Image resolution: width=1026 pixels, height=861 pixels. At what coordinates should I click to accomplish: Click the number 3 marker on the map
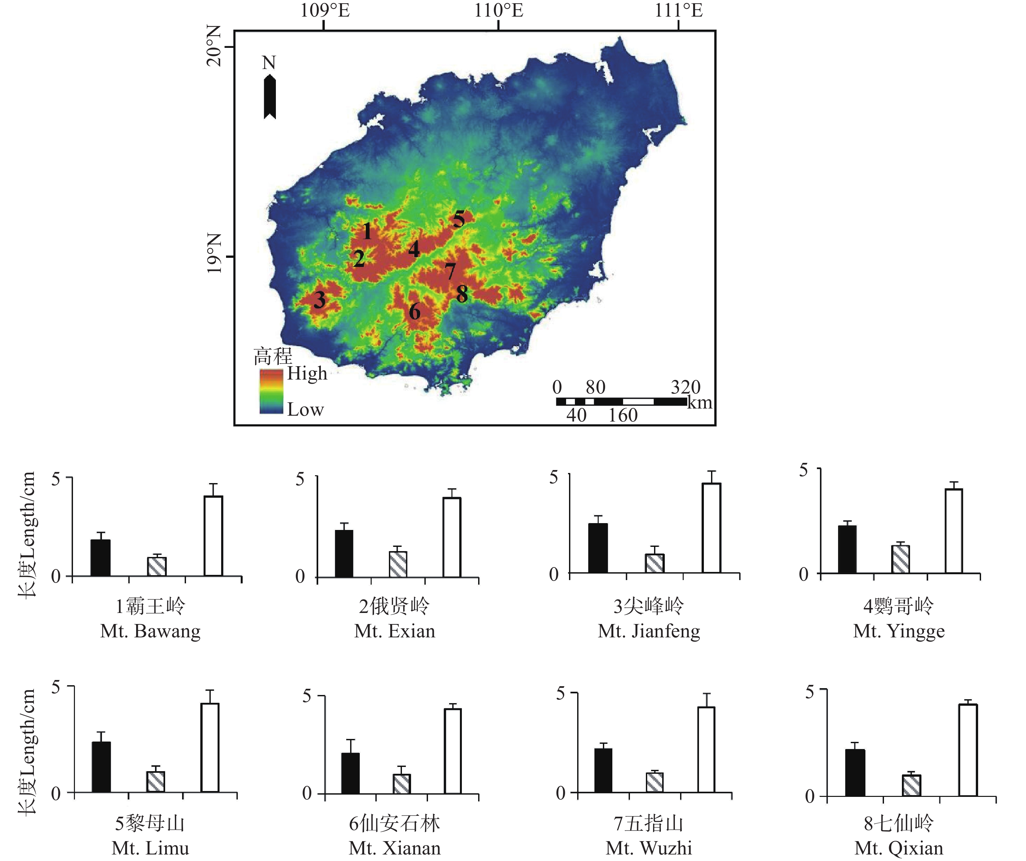pos(320,299)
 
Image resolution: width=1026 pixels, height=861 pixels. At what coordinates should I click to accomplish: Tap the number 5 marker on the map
pos(458,219)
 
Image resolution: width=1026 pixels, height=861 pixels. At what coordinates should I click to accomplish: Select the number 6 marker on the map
pos(414,312)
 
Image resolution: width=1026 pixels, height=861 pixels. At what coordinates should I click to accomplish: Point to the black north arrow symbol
pos(270,97)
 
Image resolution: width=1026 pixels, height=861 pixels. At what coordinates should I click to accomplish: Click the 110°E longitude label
pos(498,10)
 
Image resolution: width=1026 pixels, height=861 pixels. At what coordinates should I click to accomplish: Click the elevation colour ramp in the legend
pos(271,392)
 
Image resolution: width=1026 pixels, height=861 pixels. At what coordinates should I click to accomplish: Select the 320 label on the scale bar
pos(685,387)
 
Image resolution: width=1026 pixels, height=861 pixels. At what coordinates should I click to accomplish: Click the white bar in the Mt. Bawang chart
pos(214,536)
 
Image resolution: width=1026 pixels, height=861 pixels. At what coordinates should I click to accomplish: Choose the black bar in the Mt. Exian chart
pos(344,553)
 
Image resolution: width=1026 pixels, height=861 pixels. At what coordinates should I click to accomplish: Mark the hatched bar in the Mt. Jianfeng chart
pos(655,563)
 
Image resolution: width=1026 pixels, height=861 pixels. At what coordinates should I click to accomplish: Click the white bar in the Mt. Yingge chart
pos(954,531)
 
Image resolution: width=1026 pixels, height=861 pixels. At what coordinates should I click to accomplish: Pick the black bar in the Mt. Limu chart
pos(101,767)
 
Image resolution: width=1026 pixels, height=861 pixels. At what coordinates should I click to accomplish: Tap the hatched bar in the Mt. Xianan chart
pos(402,783)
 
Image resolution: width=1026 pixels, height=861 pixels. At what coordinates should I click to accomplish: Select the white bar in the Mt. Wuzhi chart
pos(706,749)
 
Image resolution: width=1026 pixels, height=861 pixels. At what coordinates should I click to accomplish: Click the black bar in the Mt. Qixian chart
pos(855,772)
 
